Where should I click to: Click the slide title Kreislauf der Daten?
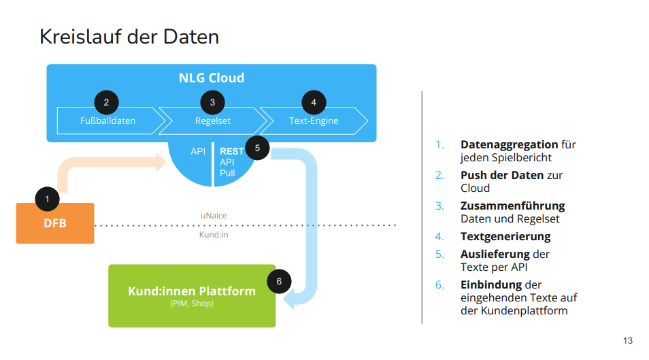(129, 36)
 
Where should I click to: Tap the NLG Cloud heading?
(212, 78)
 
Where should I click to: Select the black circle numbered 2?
(106, 103)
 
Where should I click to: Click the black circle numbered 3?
(212, 103)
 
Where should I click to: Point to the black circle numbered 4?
(313, 103)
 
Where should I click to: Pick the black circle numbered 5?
(256, 147)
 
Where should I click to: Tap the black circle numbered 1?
(47, 199)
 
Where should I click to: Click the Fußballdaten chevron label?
(107, 121)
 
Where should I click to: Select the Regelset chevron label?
(212, 121)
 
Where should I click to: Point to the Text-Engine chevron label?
(314, 121)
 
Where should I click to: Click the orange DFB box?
(55, 223)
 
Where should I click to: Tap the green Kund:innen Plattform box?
(192, 295)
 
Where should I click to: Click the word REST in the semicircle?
(231, 152)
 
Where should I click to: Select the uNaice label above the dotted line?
(214, 216)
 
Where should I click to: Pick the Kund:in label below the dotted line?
(214, 235)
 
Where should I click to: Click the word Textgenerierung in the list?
(505, 237)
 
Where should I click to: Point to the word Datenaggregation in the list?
(509, 144)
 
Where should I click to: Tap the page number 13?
(627, 340)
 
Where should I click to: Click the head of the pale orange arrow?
(161, 162)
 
